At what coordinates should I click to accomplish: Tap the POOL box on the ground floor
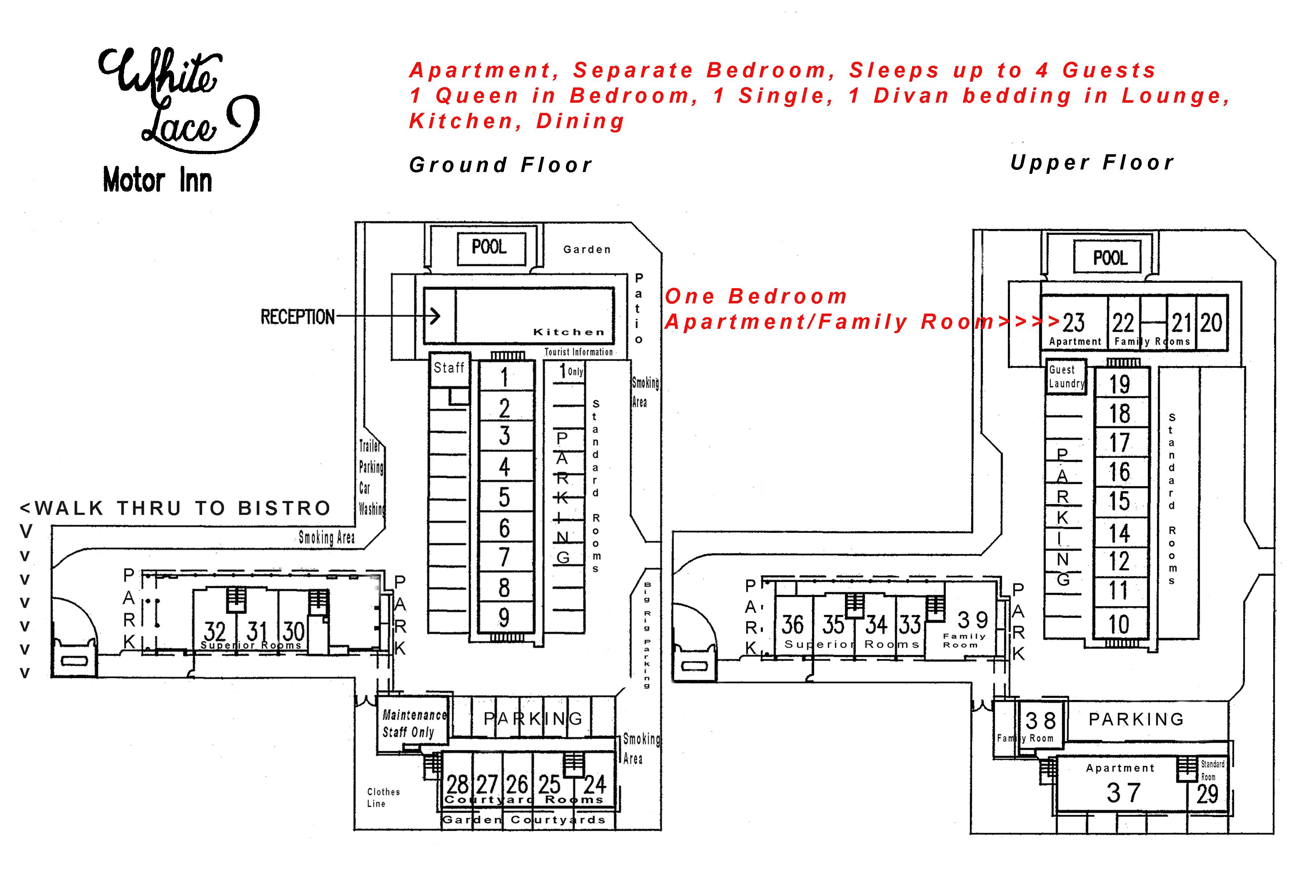[x=490, y=248]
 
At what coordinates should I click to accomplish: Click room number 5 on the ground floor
[x=504, y=497]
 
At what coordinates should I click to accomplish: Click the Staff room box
[x=449, y=368]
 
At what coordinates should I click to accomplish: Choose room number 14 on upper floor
[x=1120, y=533]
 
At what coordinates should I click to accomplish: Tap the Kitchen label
[x=568, y=332]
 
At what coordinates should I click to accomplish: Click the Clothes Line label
[x=383, y=798]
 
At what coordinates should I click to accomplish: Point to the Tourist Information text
[x=579, y=352]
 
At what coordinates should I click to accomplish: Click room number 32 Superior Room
[x=214, y=631]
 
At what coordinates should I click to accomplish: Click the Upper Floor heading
[x=1092, y=163]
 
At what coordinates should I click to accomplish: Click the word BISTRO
[x=284, y=508]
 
